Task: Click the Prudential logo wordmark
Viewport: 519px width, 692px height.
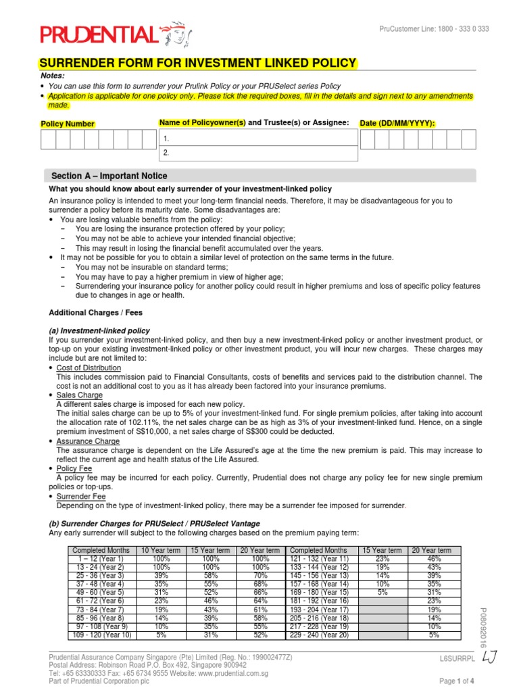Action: coord(99,34)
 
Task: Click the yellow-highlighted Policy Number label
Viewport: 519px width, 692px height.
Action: coord(68,124)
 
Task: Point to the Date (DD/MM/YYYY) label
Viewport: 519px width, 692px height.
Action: coord(397,123)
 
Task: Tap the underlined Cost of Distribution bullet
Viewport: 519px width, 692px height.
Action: coord(89,368)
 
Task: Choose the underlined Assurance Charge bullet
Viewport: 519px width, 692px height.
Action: coord(88,441)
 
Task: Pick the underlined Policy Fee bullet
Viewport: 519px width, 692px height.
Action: coord(74,468)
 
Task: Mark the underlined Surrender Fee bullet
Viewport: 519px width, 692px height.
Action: coord(81,496)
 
